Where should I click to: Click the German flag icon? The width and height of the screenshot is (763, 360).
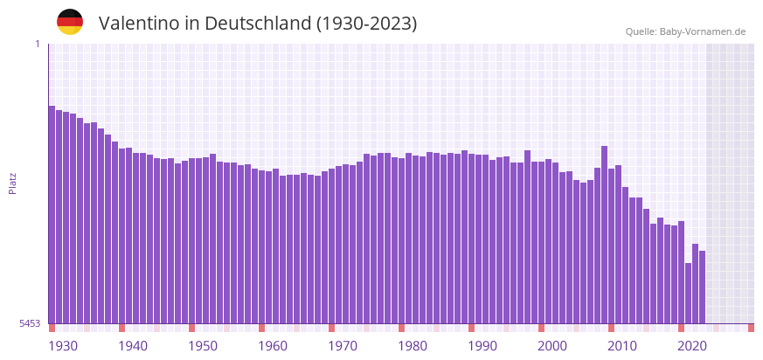tap(70, 22)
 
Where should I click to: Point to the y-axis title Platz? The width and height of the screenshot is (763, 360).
tap(12, 183)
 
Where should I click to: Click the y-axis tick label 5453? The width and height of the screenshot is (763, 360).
tap(30, 323)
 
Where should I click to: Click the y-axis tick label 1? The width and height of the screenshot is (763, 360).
tap(38, 44)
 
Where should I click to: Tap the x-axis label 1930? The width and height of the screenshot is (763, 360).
tap(63, 346)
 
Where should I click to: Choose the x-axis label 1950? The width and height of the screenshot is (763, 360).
tap(203, 346)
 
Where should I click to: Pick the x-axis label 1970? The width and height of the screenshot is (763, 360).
tap(343, 346)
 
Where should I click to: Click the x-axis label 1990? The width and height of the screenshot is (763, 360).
tap(482, 346)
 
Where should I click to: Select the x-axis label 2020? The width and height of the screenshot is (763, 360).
tap(692, 346)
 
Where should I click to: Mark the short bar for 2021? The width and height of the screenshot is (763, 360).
tap(688, 293)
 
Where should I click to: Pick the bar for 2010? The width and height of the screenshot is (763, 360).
tap(611, 246)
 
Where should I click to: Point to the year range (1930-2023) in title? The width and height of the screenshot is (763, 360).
tap(366, 24)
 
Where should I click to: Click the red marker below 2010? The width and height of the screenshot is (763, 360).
tap(611, 328)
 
